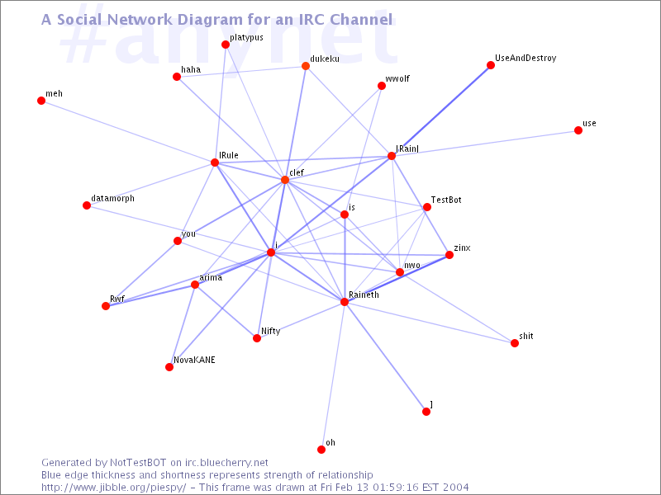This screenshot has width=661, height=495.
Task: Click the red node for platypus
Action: click(x=226, y=45)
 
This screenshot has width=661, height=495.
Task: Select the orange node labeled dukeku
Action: click(x=306, y=66)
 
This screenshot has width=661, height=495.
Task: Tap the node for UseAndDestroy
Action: click(x=490, y=65)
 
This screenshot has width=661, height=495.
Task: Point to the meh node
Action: click(x=41, y=101)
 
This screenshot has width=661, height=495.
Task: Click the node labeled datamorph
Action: click(x=87, y=205)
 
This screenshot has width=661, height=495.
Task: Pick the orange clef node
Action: click(x=285, y=180)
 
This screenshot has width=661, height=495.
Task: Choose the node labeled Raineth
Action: click(x=345, y=302)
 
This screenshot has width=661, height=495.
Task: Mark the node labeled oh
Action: click(x=321, y=450)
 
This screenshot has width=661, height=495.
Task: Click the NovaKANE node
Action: click(x=169, y=367)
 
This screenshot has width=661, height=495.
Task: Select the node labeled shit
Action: click(x=514, y=343)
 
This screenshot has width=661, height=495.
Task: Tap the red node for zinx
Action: click(x=449, y=255)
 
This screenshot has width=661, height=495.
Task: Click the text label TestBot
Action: click(x=446, y=200)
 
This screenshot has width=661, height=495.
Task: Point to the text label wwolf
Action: click(x=397, y=78)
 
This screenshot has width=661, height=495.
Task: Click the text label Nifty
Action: click(x=271, y=332)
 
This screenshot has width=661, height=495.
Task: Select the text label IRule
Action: click(x=229, y=155)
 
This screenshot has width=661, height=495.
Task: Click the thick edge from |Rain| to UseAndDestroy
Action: click(x=441, y=111)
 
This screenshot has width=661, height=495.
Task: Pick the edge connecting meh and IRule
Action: click(x=128, y=132)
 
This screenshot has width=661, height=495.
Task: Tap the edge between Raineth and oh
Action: click(x=333, y=375)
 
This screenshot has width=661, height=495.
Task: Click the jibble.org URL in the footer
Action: click(x=113, y=488)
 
